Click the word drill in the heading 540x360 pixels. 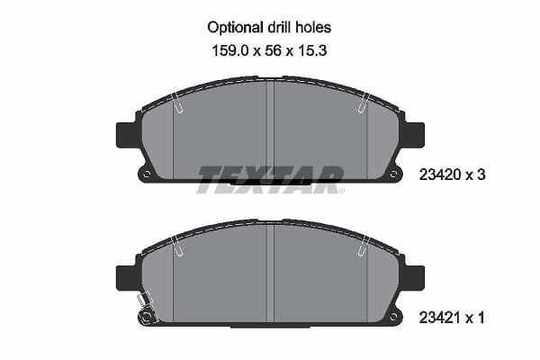point(278,28)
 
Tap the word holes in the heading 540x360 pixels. point(313,28)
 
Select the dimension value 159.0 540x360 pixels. point(229,51)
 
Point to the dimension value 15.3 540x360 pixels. point(311,51)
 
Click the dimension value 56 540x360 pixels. point(273,51)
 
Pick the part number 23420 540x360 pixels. point(440,175)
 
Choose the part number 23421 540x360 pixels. point(439,318)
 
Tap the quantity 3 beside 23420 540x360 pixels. point(481,175)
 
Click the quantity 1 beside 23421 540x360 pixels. point(481,318)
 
